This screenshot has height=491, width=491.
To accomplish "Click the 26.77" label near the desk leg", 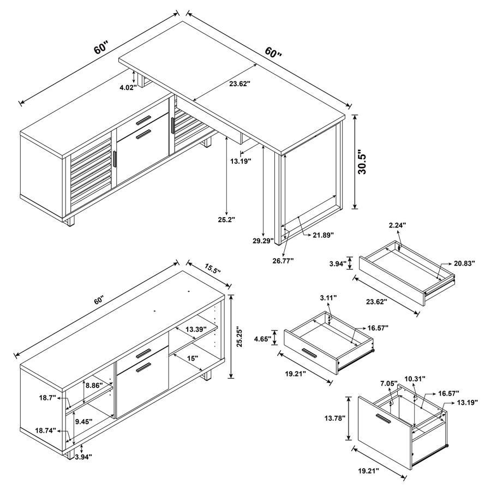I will point(283,260).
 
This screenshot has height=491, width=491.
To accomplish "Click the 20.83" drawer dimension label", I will point(464,263).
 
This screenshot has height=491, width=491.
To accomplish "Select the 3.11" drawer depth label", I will point(327,298).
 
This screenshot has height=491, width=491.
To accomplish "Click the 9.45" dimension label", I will point(83,421).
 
